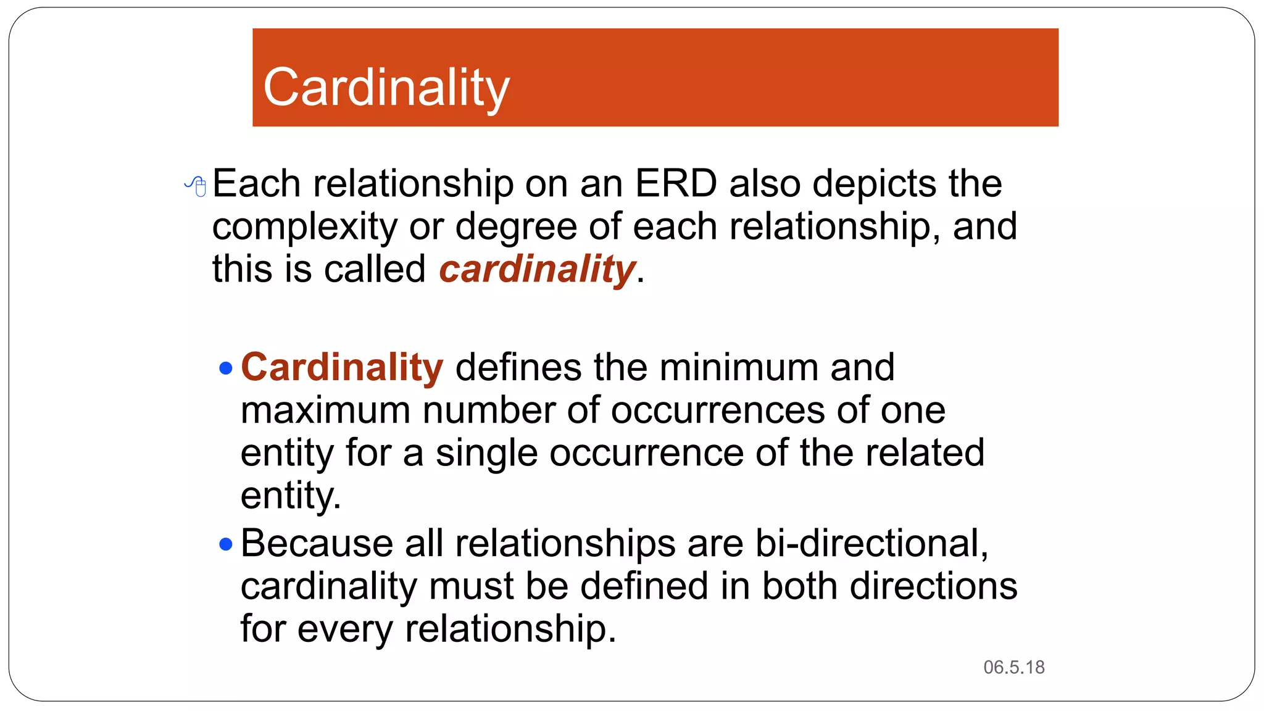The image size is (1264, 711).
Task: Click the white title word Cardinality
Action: [386, 88]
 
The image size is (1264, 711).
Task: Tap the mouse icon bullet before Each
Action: [196, 185]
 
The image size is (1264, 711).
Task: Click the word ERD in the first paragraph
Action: [676, 183]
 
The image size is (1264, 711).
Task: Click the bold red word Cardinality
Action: [342, 367]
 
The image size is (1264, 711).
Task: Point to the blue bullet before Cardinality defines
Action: [226, 369]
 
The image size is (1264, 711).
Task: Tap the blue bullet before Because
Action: [226, 544]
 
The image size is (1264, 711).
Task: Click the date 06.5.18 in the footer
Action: [1013, 667]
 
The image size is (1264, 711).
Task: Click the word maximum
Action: [325, 410]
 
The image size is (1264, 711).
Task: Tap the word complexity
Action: [304, 227]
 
